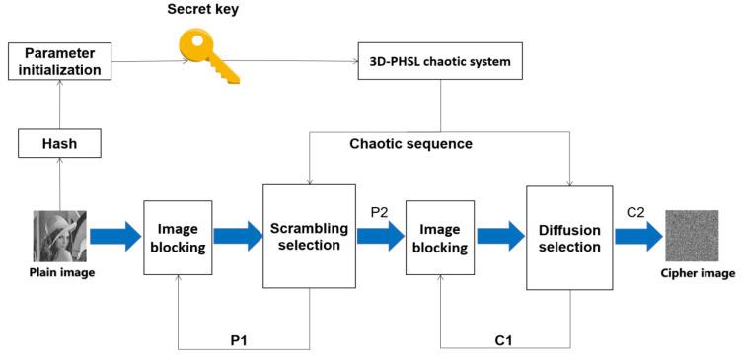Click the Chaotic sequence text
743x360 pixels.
pyautogui.click(x=410, y=144)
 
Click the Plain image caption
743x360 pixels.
pyautogui.click(x=61, y=272)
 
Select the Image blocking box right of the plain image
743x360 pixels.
pyautogui.click(x=179, y=238)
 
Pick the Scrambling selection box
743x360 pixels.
pyautogui.click(x=310, y=237)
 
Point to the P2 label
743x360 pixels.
pyautogui.click(x=381, y=212)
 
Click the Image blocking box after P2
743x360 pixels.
pyautogui.click(x=440, y=238)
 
